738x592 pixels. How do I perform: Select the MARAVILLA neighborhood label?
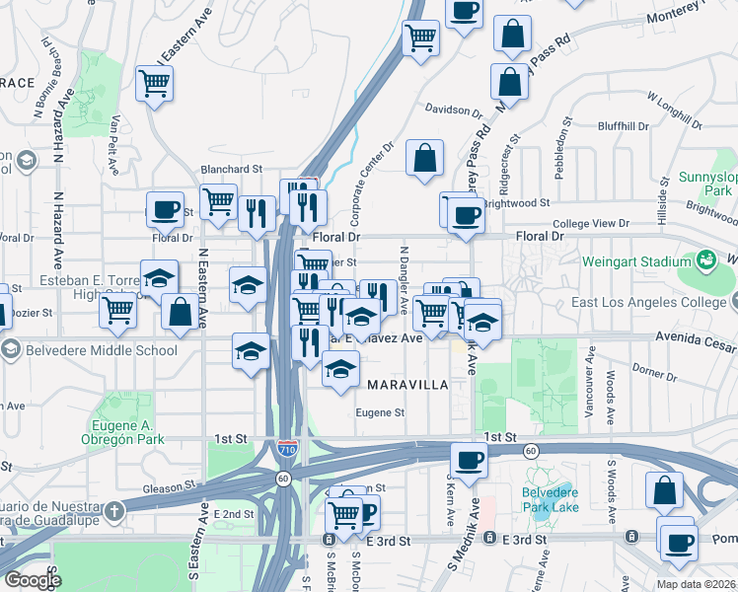tap(407, 383)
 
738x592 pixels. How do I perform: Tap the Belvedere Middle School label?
tap(97, 349)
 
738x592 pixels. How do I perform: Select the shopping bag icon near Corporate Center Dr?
tap(424, 158)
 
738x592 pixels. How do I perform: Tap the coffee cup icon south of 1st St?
tap(469, 459)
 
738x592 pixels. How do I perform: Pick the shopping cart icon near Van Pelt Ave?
tap(156, 84)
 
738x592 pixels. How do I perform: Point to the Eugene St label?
tap(380, 413)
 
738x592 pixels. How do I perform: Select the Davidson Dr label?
tap(453, 109)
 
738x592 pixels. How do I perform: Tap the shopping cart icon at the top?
tap(421, 38)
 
